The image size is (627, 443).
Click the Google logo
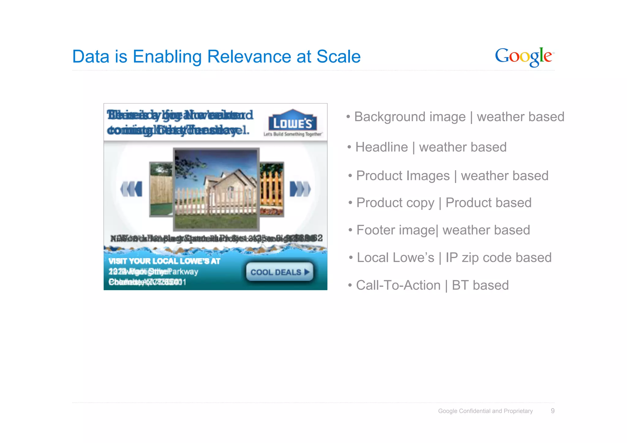coord(524,57)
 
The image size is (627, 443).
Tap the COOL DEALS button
coord(280,272)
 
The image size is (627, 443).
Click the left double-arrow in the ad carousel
coord(132,189)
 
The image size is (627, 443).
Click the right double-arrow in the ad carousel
coord(300,189)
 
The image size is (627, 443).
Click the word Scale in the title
coord(338,57)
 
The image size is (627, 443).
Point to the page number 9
coord(552,411)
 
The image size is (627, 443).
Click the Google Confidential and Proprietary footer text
coord(485,411)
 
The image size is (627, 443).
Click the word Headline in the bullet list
coord(381,147)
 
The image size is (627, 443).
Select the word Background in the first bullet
coord(410,117)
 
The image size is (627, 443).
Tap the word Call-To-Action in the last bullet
coord(398,285)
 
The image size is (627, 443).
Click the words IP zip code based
coord(498,258)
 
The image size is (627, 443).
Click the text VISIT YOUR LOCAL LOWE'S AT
coord(164,261)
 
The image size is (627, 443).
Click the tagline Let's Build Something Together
coord(292,134)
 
